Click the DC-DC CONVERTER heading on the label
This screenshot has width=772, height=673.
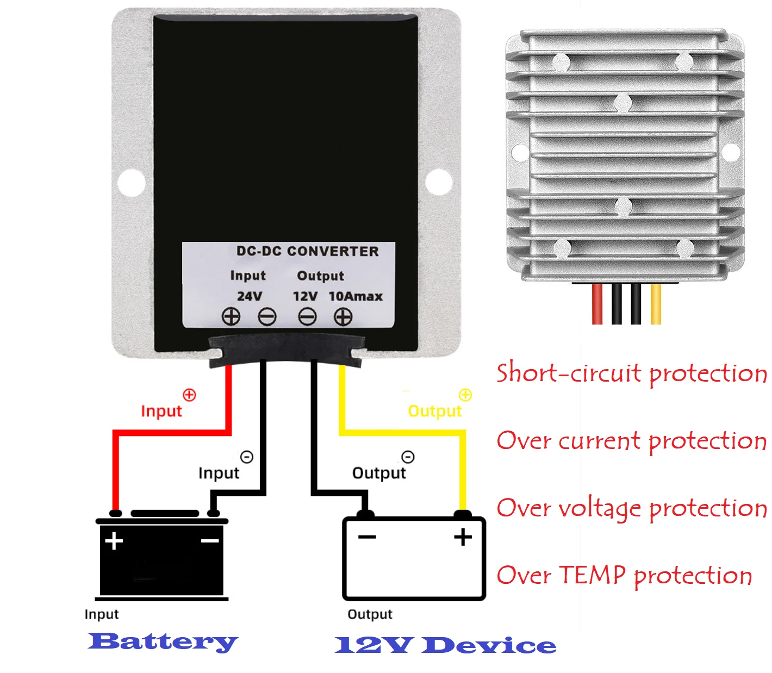click(307, 251)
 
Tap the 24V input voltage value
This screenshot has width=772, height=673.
click(250, 296)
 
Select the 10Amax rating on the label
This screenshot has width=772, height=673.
click(356, 296)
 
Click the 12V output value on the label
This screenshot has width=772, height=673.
click(305, 296)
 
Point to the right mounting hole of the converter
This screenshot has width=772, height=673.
click(438, 182)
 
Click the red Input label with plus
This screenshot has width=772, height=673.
click(161, 410)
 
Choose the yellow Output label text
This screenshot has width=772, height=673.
click(434, 410)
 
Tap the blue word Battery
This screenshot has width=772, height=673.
click(163, 642)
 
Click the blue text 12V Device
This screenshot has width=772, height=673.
click(445, 645)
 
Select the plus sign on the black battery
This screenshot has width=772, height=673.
click(114, 541)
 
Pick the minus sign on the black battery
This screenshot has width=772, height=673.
click(210, 540)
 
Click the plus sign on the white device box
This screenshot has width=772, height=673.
click(463, 537)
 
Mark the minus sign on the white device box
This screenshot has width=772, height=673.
click(367, 537)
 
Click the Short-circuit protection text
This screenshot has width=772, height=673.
click(631, 373)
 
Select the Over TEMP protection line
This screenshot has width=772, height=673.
click(624, 576)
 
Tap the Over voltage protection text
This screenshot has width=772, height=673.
click(631, 508)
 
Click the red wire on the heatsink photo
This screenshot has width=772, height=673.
click(597, 304)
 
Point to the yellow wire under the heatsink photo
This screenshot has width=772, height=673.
click(656, 304)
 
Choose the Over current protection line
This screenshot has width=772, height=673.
click(631, 441)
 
